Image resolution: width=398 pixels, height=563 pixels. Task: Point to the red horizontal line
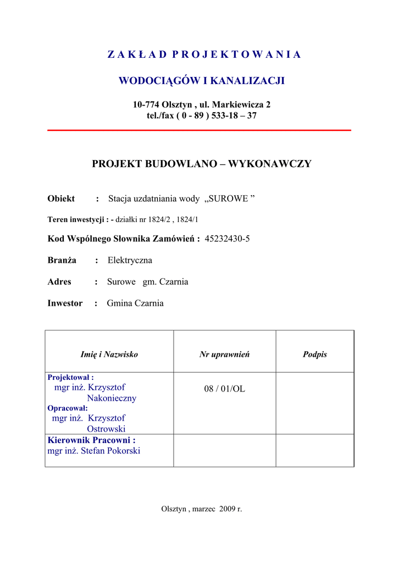(x=199, y=130)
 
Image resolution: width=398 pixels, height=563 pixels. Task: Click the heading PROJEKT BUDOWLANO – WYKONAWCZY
(x=201, y=164)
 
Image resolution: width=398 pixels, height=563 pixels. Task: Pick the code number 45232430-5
(x=227, y=239)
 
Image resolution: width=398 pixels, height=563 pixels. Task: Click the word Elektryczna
(x=130, y=260)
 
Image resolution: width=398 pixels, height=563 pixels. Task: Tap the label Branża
(x=62, y=260)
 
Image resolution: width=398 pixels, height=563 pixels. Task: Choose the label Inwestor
(x=65, y=303)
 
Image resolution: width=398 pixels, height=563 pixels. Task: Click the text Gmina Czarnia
(x=135, y=303)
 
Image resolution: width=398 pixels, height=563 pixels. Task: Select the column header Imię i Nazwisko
(x=109, y=355)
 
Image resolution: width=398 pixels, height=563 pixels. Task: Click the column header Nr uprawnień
(x=224, y=355)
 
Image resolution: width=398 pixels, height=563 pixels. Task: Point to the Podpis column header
(x=314, y=355)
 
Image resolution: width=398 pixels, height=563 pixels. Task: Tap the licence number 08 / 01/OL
(x=224, y=389)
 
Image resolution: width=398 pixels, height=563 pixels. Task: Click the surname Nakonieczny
(x=112, y=398)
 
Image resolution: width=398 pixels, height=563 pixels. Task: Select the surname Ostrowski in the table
(x=106, y=428)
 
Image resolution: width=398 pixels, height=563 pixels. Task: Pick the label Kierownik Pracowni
(x=91, y=440)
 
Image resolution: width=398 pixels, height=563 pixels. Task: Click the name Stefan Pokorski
(x=110, y=451)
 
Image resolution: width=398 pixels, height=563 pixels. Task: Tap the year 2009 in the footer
(x=226, y=509)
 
